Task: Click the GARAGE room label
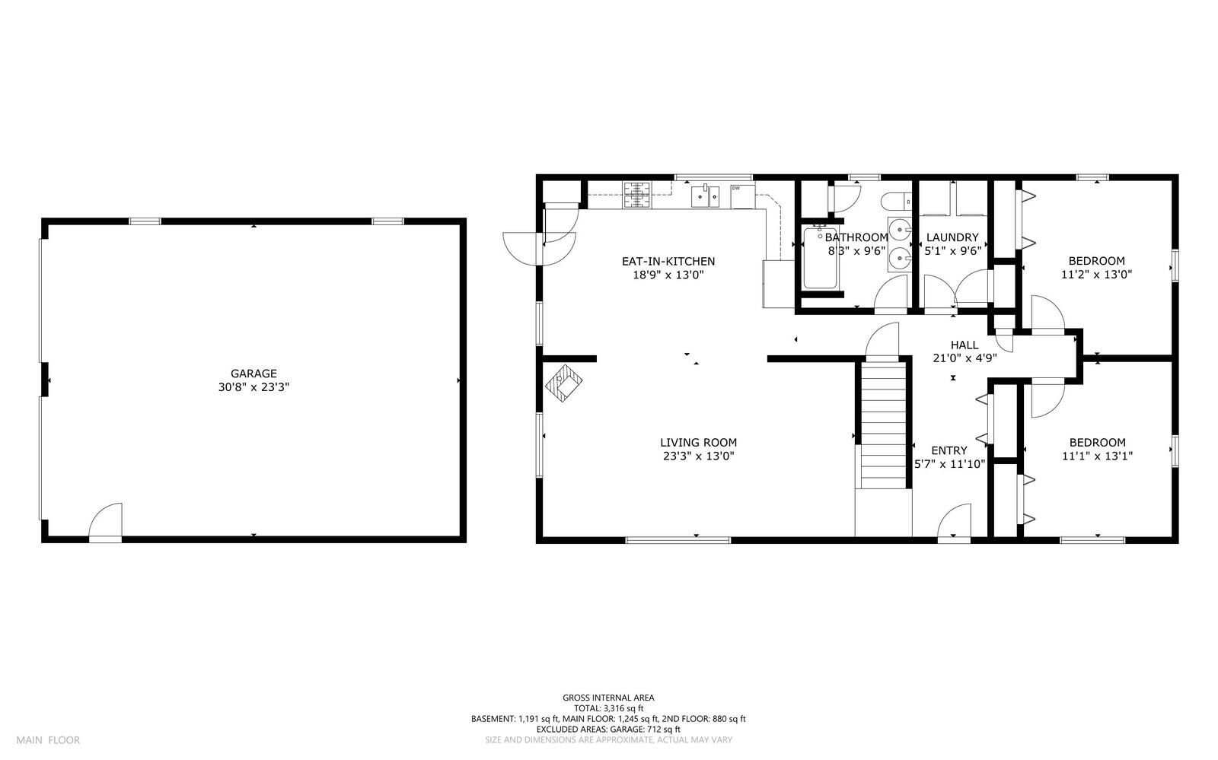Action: pos(253,374)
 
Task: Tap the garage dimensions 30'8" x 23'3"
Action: pos(253,386)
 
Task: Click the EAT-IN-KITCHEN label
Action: pos(668,262)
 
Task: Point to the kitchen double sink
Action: pos(706,196)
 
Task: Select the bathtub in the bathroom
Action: pos(819,259)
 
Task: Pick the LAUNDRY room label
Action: pos(952,237)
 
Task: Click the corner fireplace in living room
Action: pos(564,383)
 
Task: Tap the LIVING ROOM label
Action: pos(698,442)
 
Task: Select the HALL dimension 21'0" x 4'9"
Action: pos(965,358)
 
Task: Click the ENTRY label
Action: pos(949,450)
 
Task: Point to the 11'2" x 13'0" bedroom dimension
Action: pos(1096,275)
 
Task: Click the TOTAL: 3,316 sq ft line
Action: pos(608,708)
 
